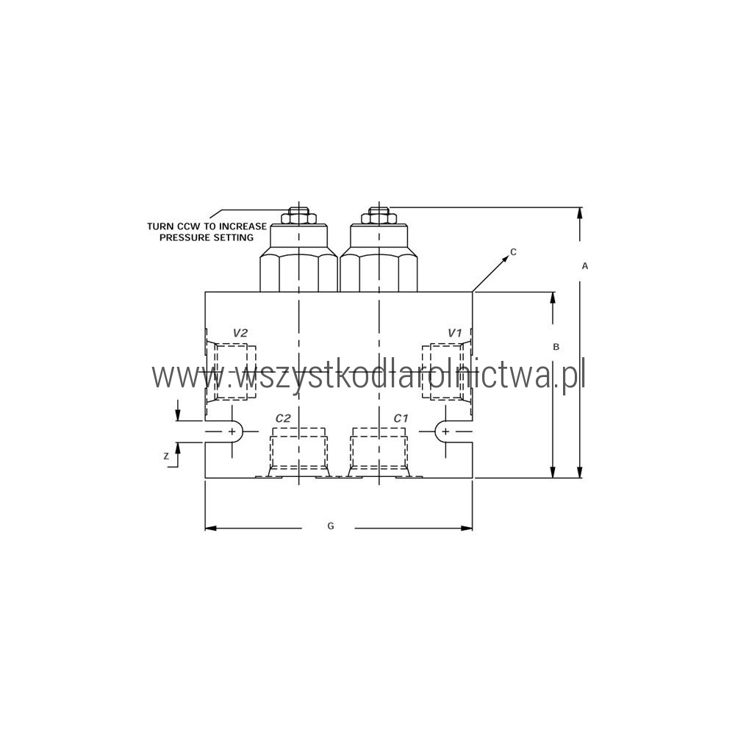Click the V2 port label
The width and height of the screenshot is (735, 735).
click(240, 333)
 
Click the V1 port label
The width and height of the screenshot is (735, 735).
click(455, 333)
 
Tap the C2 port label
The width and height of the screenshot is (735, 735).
click(283, 418)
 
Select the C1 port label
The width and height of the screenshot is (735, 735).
click(401, 418)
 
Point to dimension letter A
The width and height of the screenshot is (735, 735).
click(584, 266)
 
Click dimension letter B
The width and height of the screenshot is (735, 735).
click(556, 347)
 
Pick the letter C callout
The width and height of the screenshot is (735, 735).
click(513, 251)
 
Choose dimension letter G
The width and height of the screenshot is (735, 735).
click(331, 526)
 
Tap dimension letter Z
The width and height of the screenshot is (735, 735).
click(166, 456)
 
